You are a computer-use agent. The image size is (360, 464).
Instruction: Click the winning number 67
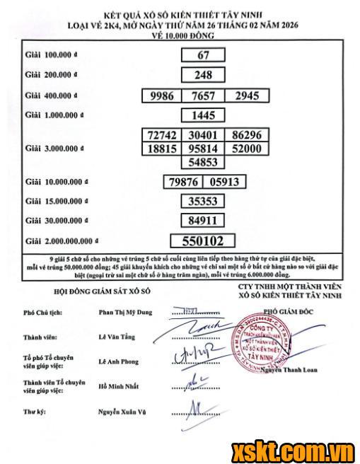[202, 54]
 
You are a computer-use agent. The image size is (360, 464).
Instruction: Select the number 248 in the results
[202, 74]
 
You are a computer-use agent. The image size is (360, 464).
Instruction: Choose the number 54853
[202, 162]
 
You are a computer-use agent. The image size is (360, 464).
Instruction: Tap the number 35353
[202, 201]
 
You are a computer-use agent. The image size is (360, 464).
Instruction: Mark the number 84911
[202, 220]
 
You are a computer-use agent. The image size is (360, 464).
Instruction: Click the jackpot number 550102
[202, 240]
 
